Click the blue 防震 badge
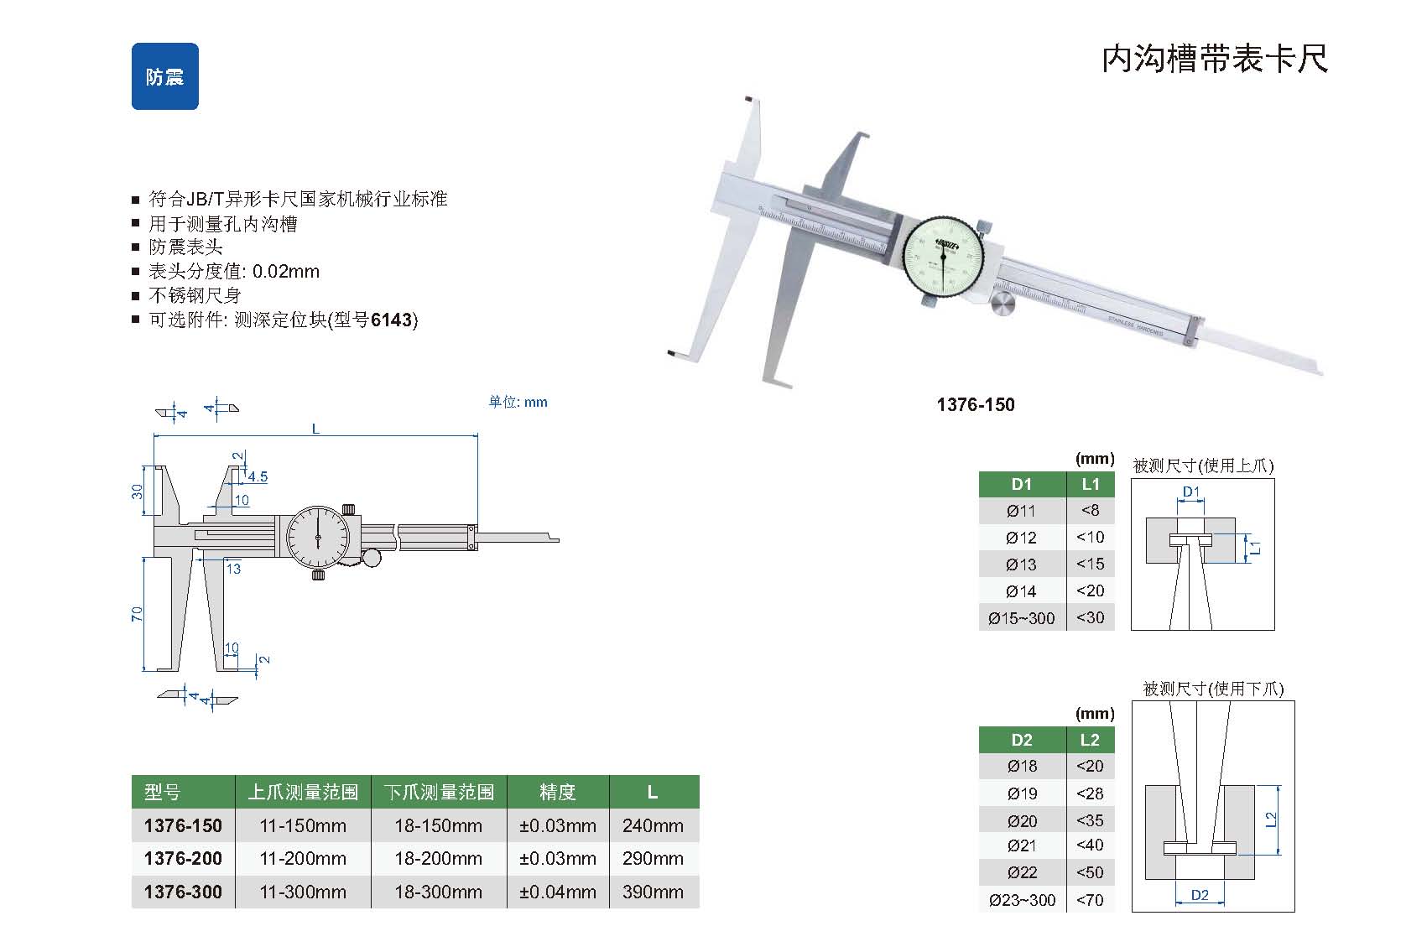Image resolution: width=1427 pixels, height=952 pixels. coord(165,76)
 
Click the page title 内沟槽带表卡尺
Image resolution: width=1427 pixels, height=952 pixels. coord(1215,59)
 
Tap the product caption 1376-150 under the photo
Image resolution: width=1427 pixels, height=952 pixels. coord(976,404)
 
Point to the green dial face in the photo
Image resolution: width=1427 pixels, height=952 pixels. coord(944,257)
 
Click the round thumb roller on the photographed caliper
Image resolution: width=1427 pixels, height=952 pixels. coord(1003,304)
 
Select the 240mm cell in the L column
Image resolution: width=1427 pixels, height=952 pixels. coord(653,825)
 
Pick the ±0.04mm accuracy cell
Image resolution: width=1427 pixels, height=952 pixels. coord(557,892)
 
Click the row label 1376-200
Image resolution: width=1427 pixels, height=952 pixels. coord(183,858)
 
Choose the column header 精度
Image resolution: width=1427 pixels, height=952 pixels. coord(557,792)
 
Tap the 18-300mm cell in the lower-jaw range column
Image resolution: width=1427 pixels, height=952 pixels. coord(438,892)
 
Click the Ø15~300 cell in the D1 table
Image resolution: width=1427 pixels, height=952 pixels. coord(1021,617)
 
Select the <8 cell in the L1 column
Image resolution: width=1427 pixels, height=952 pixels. coord(1090,510)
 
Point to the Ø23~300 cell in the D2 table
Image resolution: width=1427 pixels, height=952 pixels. coord(1022,900)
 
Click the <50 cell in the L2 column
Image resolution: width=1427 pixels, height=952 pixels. coord(1090,871)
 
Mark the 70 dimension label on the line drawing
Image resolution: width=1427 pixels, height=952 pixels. coord(137,614)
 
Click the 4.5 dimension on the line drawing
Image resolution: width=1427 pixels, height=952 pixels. coord(258,476)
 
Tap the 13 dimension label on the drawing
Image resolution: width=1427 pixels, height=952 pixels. coord(234,569)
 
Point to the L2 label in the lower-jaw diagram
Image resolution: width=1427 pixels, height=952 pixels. coord(1271,819)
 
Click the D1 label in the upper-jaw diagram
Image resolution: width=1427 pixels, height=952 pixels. coord(1190,492)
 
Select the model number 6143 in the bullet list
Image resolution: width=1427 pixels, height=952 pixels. coord(392,320)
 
